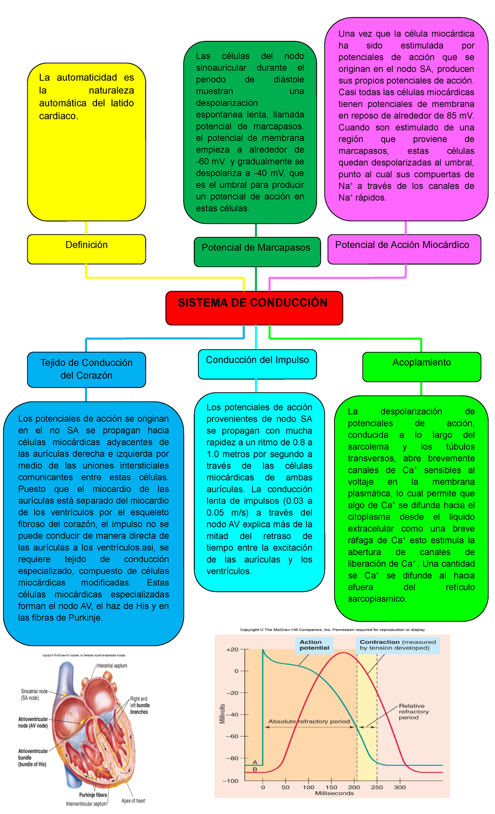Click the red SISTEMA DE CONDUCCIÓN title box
pyautogui.click(x=254, y=307)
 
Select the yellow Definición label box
pyautogui.click(x=87, y=249)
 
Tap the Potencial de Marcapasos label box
pyautogui.click(x=257, y=251)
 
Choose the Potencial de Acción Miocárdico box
pyautogui.click(x=404, y=249)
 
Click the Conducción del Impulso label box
pyautogui.click(x=257, y=364)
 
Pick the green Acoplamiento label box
pyautogui.click(x=422, y=366)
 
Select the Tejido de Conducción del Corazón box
pyautogui.click(x=87, y=369)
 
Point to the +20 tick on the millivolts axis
pyautogui.click(x=232, y=650)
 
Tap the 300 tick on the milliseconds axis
pyautogui.click(x=400, y=787)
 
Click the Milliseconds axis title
pyautogui.click(x=334, y=793)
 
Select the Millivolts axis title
pyautogui.click(x=223, y=714)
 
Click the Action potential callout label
pyautogui.click(x=314, y=645)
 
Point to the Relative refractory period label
pyautogui.click(x=414, y=711)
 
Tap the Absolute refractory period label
pyautogui.click(x=309, y=721)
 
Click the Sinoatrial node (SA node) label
pyautogui.click(x=34, y=695)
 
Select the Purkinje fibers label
pyautogui.click(x=93, y=795)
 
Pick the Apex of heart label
pyautogui.click(x=133, y=801)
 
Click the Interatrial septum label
pyautogui.click(x=111, y=666)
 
